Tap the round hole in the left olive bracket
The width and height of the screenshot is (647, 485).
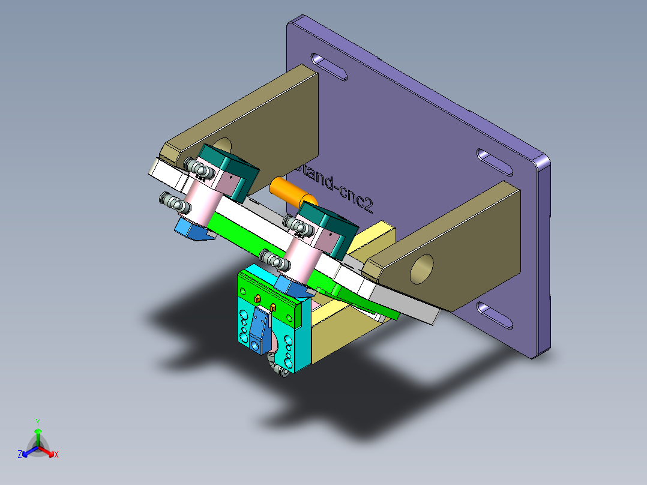tap(222, 146)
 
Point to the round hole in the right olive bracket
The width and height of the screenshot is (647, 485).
tap(422, 268)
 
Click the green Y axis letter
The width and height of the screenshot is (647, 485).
tap(37, 422)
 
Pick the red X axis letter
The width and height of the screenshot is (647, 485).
tap(56, 455)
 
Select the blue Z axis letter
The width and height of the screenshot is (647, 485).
tap(20, 455)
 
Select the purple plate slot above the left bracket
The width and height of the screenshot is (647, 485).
tap(329, 67)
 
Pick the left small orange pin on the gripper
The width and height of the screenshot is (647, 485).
tap(257, 298)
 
